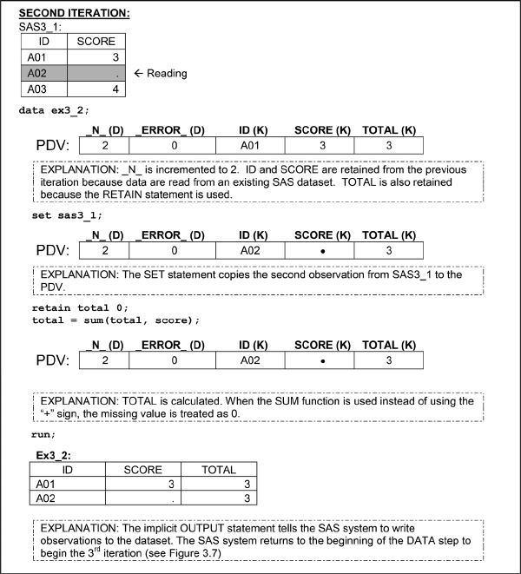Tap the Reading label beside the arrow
point(167,73)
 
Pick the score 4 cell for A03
point(96,89)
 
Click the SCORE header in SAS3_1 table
point(96,41)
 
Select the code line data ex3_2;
point(54,110)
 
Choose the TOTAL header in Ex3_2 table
point(218,470)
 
